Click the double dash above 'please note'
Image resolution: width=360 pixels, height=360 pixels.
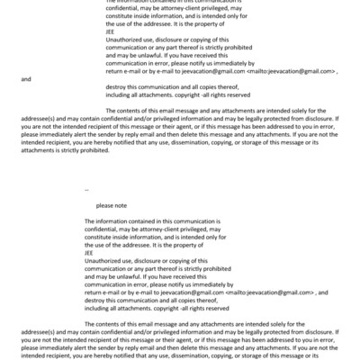coord(86,191)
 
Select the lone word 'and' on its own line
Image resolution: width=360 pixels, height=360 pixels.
coord(25,80)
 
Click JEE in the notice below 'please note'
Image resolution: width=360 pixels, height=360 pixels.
coord(88,254)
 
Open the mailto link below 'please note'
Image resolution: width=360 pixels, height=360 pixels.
coord(269,292)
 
